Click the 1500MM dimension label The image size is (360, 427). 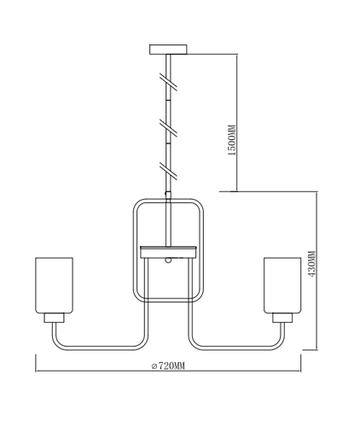coord(232,140)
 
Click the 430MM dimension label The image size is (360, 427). coord(311,264)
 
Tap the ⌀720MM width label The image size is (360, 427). coord(168,366)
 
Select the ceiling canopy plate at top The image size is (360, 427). coord(168,49)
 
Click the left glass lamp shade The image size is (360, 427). coord(54,285)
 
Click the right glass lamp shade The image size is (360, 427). coord(282,285)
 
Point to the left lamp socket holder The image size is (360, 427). coord(54,318)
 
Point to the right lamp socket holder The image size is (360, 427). coord(282,318)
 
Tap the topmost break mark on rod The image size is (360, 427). coord(168,82)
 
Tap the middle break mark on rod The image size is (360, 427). coord(168,126)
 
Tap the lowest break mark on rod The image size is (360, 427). coord(168,171)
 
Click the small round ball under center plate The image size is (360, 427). coord(168,260)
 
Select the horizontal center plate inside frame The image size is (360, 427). coord(168,252)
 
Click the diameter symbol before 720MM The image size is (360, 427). coord(154,366)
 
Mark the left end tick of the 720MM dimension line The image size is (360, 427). coord(36,363)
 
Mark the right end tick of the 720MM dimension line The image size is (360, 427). coord(300,363)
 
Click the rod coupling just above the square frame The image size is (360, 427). coord(168,196)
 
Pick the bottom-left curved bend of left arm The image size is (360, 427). coord(57,343)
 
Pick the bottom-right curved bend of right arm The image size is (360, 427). coord(279,343)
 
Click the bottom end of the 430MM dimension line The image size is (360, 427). coord(316,349)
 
